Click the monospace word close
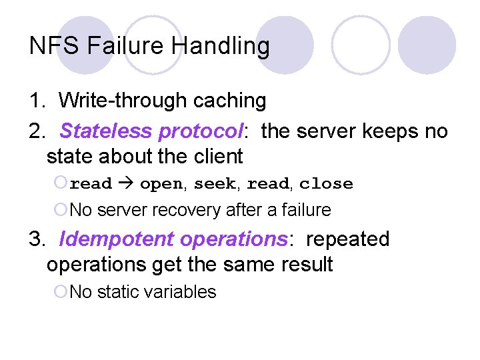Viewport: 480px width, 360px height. [326, 184]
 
